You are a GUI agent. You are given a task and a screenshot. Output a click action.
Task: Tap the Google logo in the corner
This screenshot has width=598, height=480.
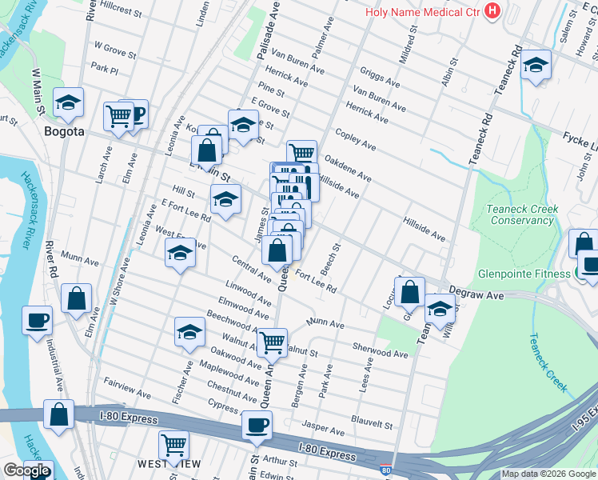(x=26, y=470)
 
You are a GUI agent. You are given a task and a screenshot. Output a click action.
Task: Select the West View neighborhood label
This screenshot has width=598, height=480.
(x=168, y=464)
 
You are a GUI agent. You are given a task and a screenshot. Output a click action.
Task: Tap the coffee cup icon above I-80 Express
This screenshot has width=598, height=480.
(x=257, y=425)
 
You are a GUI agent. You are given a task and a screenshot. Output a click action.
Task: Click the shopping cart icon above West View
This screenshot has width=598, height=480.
(x=173, y=444)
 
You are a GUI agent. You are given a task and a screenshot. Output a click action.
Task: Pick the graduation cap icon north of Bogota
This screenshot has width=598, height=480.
(x=69, y=102)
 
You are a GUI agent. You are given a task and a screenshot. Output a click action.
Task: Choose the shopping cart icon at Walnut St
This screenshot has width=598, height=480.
(x=272, y=342)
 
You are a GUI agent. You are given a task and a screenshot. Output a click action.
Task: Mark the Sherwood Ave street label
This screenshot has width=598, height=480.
(x=380, y=351)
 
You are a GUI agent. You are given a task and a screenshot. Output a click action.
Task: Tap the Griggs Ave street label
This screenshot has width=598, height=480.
(x=380, y=77)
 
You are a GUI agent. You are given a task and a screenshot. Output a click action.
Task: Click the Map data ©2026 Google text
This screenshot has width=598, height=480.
(x=548, y=474)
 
